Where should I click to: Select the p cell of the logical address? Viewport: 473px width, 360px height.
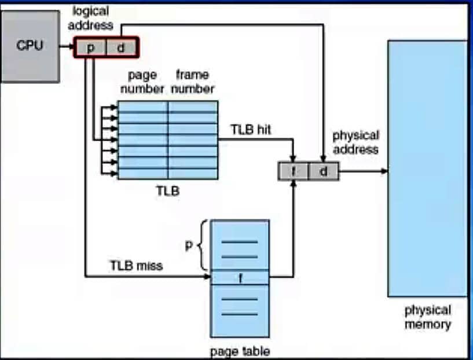(91, 48)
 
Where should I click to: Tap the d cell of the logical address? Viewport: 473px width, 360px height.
(121, 48)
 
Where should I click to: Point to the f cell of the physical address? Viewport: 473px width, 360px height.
(293, 171)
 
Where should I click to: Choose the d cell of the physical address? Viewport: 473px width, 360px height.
(323, 171)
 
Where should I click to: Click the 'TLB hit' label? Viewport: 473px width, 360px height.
(251, 130)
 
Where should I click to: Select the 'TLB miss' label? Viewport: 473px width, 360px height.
(136, 266)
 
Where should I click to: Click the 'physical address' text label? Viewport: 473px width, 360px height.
(355, 142)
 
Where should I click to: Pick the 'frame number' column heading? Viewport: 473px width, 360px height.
(192, 82)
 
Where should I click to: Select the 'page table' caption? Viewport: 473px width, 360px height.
(240, 351)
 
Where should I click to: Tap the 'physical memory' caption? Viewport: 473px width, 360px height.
(428, 317)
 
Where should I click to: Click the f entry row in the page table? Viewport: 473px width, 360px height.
(240, 278)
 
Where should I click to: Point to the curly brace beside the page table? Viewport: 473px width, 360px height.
(203, 245)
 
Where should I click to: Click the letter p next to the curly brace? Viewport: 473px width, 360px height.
(188, 245)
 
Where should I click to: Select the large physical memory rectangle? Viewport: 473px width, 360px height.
(427, 168)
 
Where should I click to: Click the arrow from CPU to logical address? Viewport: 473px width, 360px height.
(67, 45)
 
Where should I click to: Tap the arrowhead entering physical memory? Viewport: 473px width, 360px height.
(384, 171)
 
